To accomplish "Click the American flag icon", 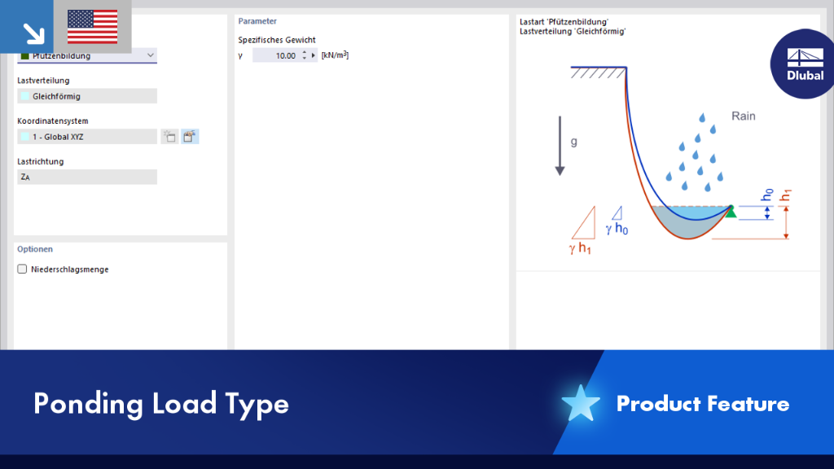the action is (93, 27).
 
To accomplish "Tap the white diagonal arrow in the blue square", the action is (33, 33).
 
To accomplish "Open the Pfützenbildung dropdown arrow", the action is (150, 55).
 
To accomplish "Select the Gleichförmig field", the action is (87, 96).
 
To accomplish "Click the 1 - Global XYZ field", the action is (87, 137).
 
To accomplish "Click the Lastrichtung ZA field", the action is (87, 177).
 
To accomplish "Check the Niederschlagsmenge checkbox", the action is (22, 269).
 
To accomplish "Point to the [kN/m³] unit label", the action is (335, 55).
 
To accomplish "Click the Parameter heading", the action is (257, 21).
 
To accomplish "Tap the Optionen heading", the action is (35, 249).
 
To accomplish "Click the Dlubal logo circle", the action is (803, 64).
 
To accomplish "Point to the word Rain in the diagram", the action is (743, 116).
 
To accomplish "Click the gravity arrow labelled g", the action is (560, 146).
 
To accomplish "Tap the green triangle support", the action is (731, 212).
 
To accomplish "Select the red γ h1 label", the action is (580, 248).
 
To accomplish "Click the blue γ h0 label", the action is (617, 229).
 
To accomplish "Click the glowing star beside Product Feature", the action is (580, 404).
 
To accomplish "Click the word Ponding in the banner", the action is (88, 404).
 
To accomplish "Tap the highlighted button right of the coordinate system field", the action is (190, 137).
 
